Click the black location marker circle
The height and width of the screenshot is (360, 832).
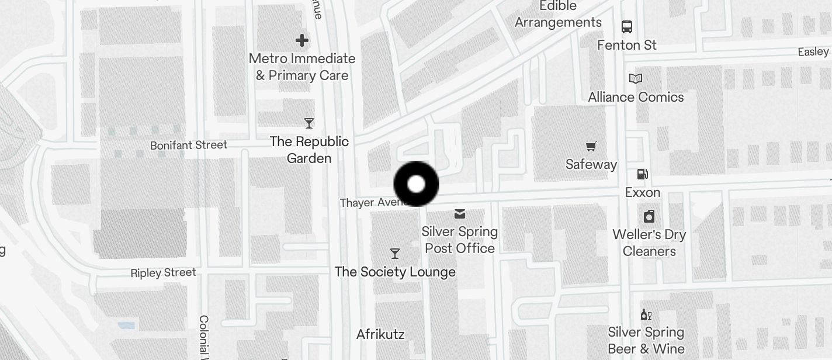coord(416,184)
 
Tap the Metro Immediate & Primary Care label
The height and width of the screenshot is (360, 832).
coord(302,67)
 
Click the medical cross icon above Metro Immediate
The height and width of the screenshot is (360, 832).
coord(302,40)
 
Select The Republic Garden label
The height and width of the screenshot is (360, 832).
coord(309,150)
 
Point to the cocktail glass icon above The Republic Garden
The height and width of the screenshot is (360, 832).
coord(309,123)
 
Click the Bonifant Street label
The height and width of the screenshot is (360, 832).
coord(189,145)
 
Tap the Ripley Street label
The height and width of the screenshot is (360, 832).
coord(164,273)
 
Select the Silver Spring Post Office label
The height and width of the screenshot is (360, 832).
coord(460,240)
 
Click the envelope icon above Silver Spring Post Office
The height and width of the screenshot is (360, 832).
coord(460,214)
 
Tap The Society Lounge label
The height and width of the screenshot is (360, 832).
coord(395,272)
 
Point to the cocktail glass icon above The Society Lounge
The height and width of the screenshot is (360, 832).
coord(395,254)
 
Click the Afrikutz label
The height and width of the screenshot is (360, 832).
coord(380,334)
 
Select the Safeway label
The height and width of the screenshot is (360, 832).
coord(591,165)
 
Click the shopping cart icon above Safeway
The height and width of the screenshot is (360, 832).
coord(591,146)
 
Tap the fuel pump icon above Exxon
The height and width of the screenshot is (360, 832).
coord(642,174)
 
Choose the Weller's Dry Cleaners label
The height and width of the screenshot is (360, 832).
coord(649,243)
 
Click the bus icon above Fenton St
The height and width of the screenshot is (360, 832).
coord(627,26)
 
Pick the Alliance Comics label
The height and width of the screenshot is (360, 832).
coord(636,97)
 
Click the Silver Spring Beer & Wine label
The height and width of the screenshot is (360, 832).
coord(646,340)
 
